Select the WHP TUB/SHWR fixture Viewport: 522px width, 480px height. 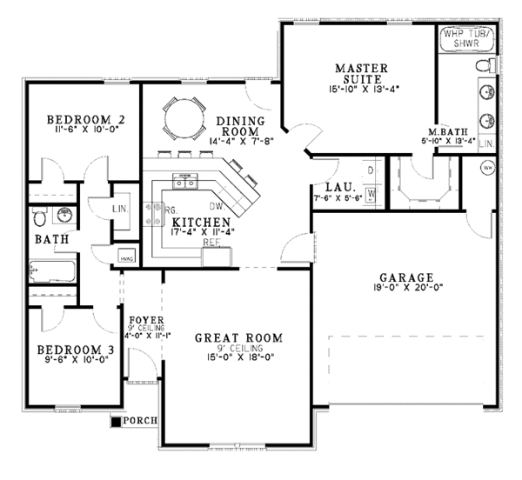pos(468,38)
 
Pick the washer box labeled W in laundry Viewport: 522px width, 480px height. pos(371,194)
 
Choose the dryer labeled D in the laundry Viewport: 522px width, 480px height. pos(371,170)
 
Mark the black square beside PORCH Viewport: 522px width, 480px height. pos(116,422)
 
